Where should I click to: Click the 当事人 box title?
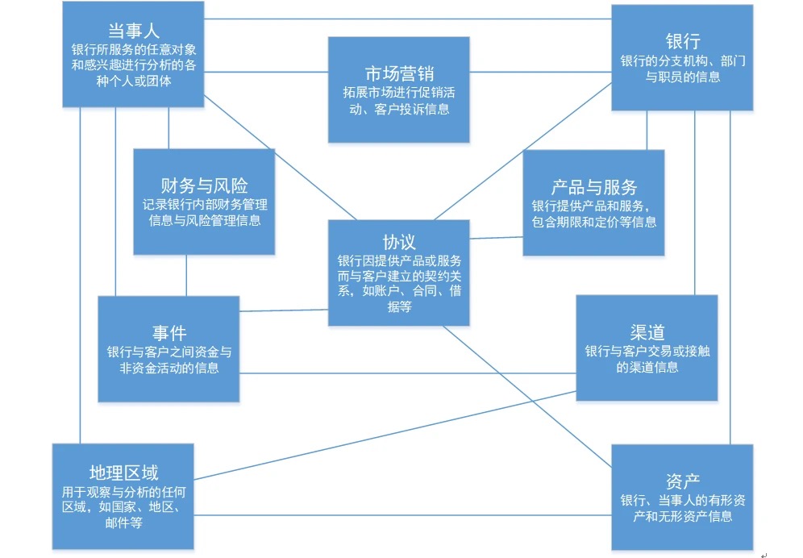[133, 30]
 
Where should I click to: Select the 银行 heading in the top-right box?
[682, 41]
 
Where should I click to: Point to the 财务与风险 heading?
[204, 185]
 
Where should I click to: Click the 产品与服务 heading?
[593, 187]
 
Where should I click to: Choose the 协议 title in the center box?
[398, 242]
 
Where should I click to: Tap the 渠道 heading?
[647, 331]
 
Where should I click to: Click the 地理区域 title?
[124, 472]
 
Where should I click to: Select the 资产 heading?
[682, 481]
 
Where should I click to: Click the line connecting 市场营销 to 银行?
[540, 73]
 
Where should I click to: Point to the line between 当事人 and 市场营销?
[265, 73]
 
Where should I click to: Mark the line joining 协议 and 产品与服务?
[496, 237]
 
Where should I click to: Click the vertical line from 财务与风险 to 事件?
[187, 275]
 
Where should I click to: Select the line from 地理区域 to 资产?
[402, 515]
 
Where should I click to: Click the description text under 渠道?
[647, 359]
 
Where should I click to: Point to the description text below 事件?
[169, 360]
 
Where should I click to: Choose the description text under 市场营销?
[399, 101]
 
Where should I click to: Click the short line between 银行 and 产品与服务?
[646, 130]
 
